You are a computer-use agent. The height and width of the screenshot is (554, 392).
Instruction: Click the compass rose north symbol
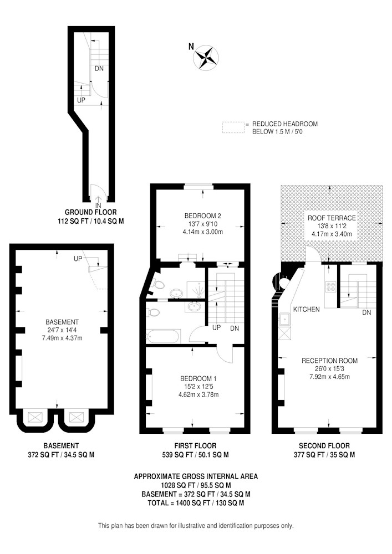pyautogui.click(x=205, y=57)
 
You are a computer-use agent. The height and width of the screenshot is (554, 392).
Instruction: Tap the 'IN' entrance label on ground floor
pyautogui.click(x=98, y=206)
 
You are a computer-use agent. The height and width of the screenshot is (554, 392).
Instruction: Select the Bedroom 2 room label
pyautogui.click(x=203, y=216)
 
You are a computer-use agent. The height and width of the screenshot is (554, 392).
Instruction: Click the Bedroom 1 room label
pyautogui.click(x=198, y=378)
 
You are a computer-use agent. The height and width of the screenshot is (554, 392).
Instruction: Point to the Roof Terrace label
pyautogui.click(x=332, y=218)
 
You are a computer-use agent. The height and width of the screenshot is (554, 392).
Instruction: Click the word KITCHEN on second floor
pyautogui.click(x=307, y=310)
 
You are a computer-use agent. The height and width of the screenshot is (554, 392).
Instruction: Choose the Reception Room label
pyautogui.click(x=329, y=361)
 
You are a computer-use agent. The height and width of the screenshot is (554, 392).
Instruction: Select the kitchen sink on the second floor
pyautogui.click(x=284, y=320)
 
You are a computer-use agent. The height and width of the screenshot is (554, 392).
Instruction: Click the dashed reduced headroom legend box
pyautogui.click(x=233, y=127)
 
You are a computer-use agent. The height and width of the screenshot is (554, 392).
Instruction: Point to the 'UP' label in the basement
pyautogui.click(x=78, y=259)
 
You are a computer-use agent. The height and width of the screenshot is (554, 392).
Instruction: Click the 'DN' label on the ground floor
pyautogui.click(x=99, y=69)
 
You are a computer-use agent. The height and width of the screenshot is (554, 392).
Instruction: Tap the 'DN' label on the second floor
pyautogui.click(x=366, y=312)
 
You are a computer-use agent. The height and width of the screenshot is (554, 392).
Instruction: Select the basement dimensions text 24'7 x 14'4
pyautogui.click(x=62, y=330)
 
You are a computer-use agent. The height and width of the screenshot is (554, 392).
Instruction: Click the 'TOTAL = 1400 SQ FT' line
pyautogui.click(x=196, y=503)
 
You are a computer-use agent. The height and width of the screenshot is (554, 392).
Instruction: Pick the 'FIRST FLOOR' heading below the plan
pyautogui.click(x=195, y=446)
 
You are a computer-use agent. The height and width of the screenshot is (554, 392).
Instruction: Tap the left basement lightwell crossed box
pyautogui.click(x=34, y=417)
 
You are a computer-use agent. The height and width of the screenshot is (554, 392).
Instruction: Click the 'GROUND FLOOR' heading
pyautogui.click(x=90, y=212)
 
